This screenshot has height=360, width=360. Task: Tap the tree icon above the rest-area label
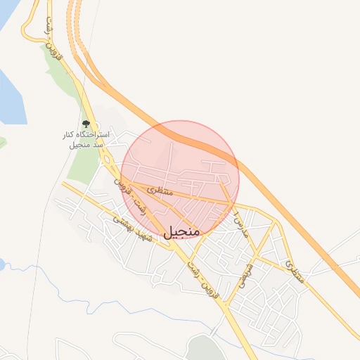point(86,124)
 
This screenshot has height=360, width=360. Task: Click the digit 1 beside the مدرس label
point(238,211)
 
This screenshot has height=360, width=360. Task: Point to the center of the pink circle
point(180,180)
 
